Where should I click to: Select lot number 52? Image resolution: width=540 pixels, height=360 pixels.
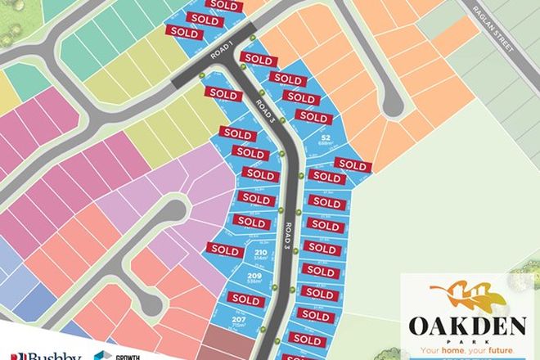coord(325,140)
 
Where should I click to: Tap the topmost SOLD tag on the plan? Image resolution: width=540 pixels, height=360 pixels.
coord(226,4)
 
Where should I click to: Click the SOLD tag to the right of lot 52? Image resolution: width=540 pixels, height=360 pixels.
coord(354,164)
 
